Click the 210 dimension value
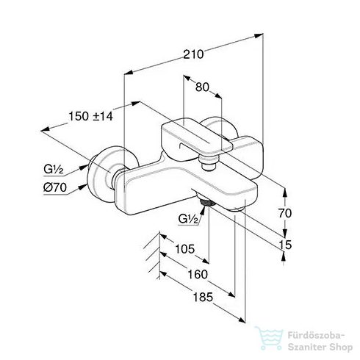193,54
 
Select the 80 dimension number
202,87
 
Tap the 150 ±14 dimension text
91,116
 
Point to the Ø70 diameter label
55,187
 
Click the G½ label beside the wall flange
54,169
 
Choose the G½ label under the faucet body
188,218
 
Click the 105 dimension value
184,249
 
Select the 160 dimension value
198,274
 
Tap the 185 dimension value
203,298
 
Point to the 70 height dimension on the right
285,213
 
